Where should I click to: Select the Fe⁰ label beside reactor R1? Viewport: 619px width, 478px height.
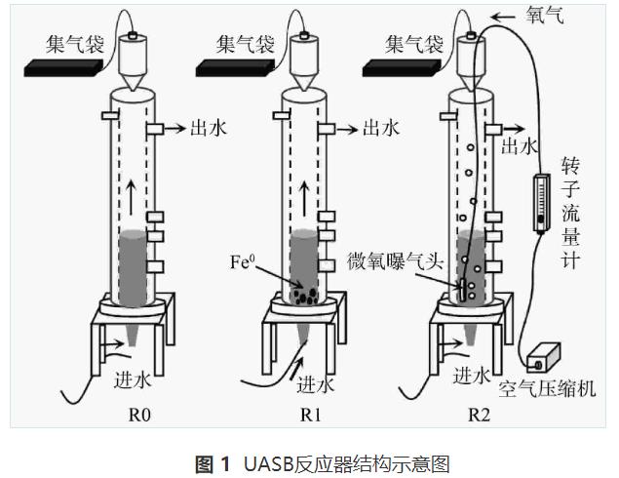pyautogui.click(x=244, y=261)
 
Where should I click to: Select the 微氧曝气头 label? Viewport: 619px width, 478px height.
pyautogui.click(x=393, y=261)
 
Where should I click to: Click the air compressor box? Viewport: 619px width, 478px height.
pyautogui.click(x=547, y=353)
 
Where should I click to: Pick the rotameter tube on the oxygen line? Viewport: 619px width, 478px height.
pyautogui.click(x=540, y=202)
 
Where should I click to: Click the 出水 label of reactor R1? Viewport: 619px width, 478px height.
pyautogui.click(x=381, y=127)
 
